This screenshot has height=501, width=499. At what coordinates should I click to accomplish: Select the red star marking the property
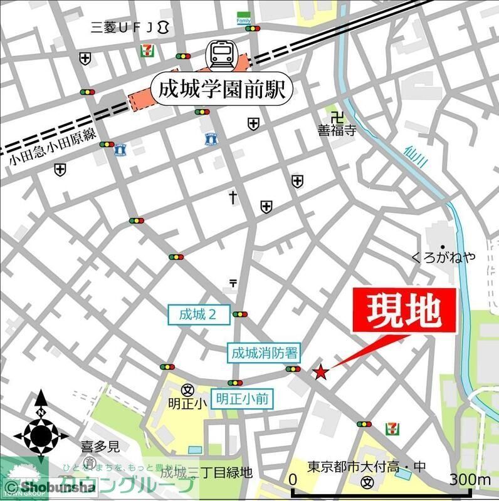320,373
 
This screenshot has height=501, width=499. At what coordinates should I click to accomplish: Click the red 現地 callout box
404,311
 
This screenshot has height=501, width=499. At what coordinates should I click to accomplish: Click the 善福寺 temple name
337,132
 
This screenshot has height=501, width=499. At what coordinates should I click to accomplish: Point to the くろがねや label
443,257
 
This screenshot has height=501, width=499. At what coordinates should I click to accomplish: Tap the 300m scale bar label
471,480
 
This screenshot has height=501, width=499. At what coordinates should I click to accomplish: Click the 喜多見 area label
100,447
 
